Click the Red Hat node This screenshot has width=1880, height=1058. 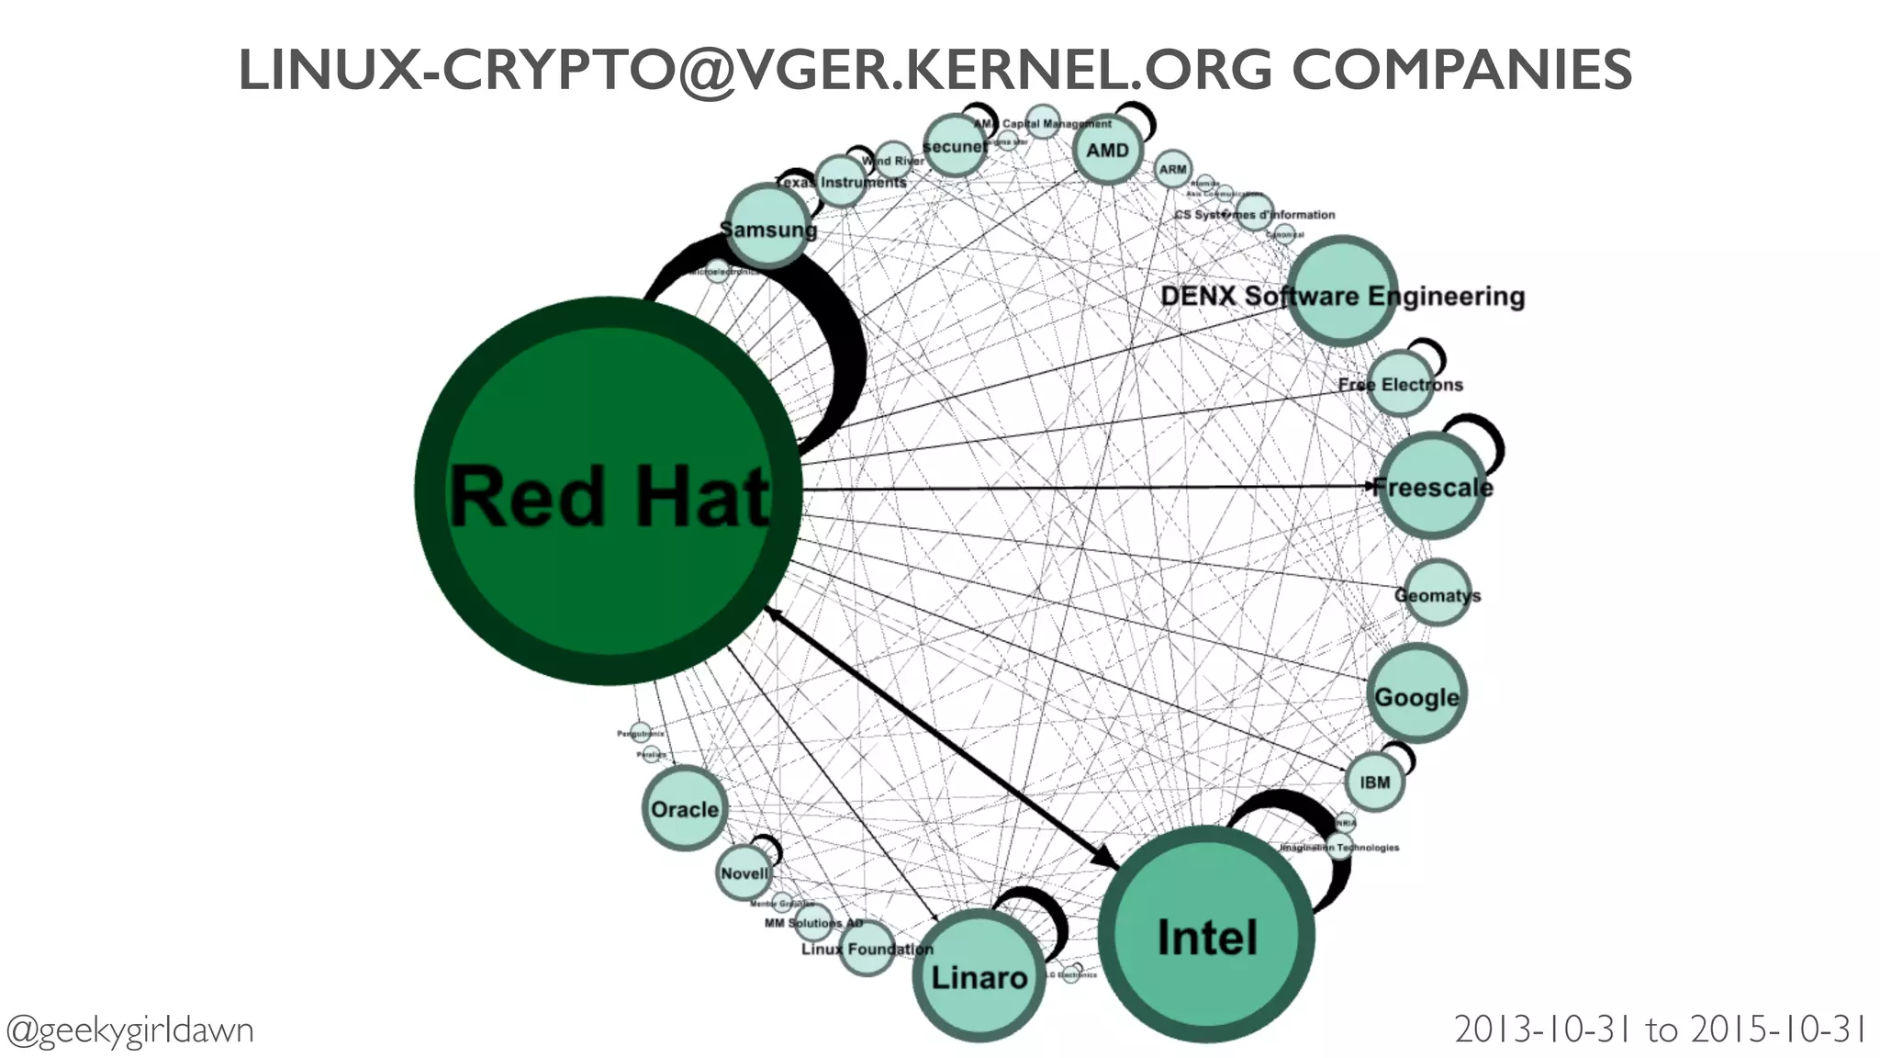pos(608,491)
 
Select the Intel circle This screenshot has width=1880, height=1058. pos(1206,935)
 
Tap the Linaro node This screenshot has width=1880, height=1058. pos(979,976)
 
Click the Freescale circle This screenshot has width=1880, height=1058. pos(1432,486)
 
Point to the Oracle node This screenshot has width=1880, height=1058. pos(684,808)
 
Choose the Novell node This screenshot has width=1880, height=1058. pos(743,872)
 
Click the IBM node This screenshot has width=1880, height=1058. pos(1374,782)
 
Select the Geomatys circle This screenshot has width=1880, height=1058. pos(1437,594)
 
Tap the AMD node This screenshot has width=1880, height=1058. pos(1107,150)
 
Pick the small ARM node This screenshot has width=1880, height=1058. pos(1172,169)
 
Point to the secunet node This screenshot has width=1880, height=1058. pos(955,146)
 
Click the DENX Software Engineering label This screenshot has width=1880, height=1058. pos(1342,296)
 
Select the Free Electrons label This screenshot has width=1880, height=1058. pos(1400,385)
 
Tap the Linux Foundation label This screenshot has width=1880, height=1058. pos(867,949)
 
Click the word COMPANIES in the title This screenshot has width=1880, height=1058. pos(1461,71)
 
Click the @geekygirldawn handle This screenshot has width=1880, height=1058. pos(129,1030)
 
